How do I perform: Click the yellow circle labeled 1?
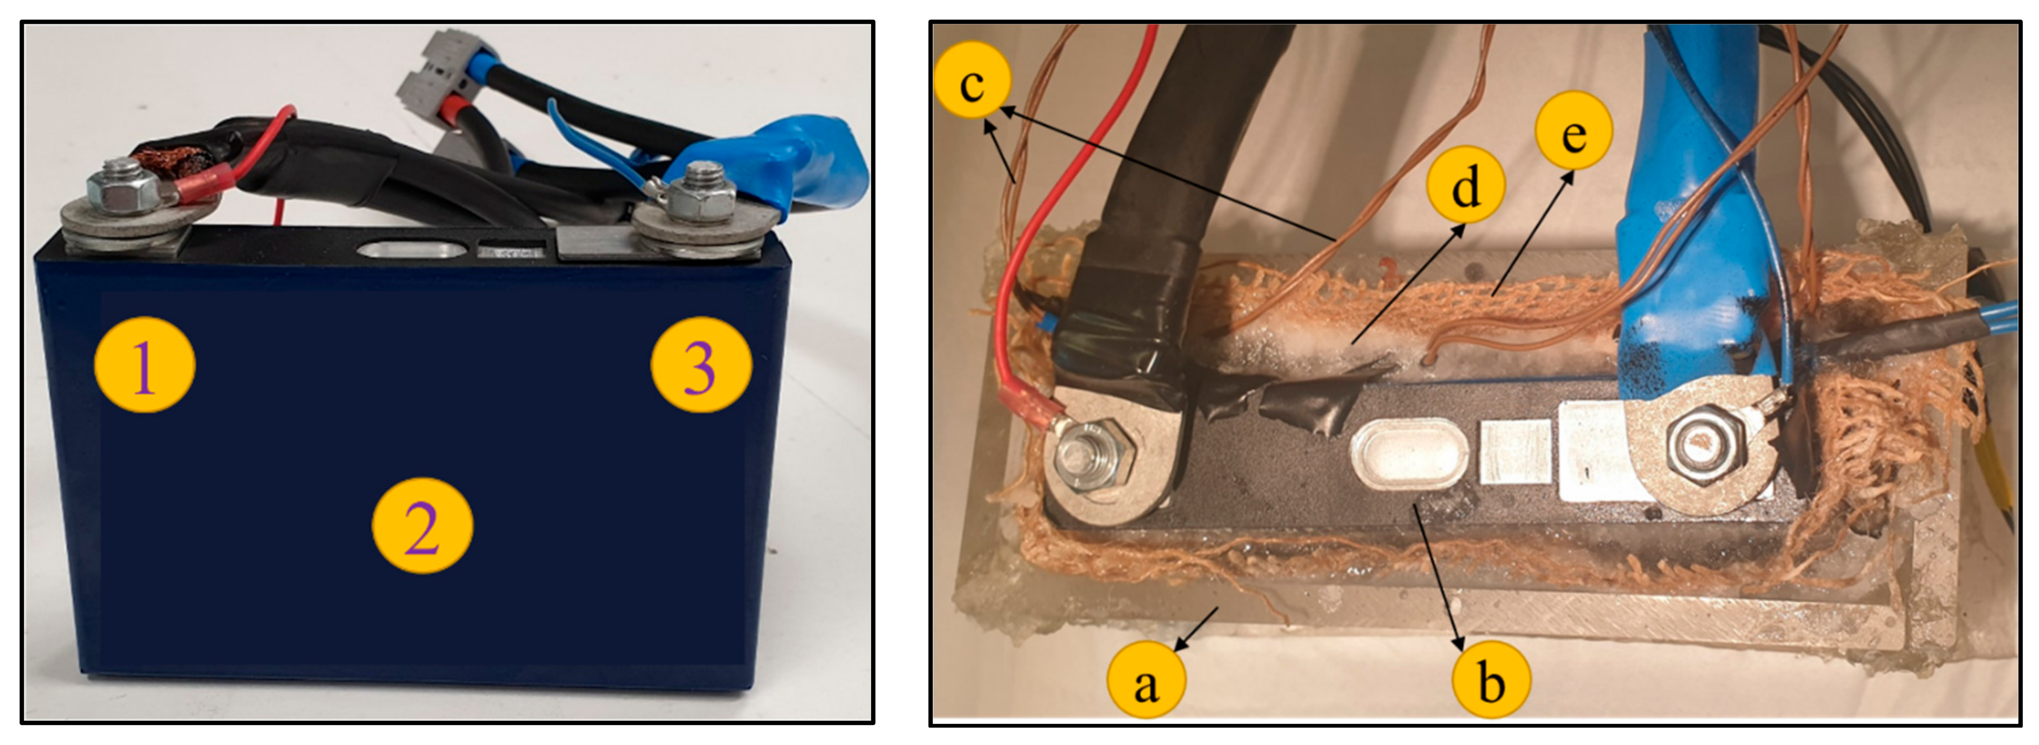[x=144, y=365]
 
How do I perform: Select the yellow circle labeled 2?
[x=422, y=526]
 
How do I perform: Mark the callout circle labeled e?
[x=1573, y=130]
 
